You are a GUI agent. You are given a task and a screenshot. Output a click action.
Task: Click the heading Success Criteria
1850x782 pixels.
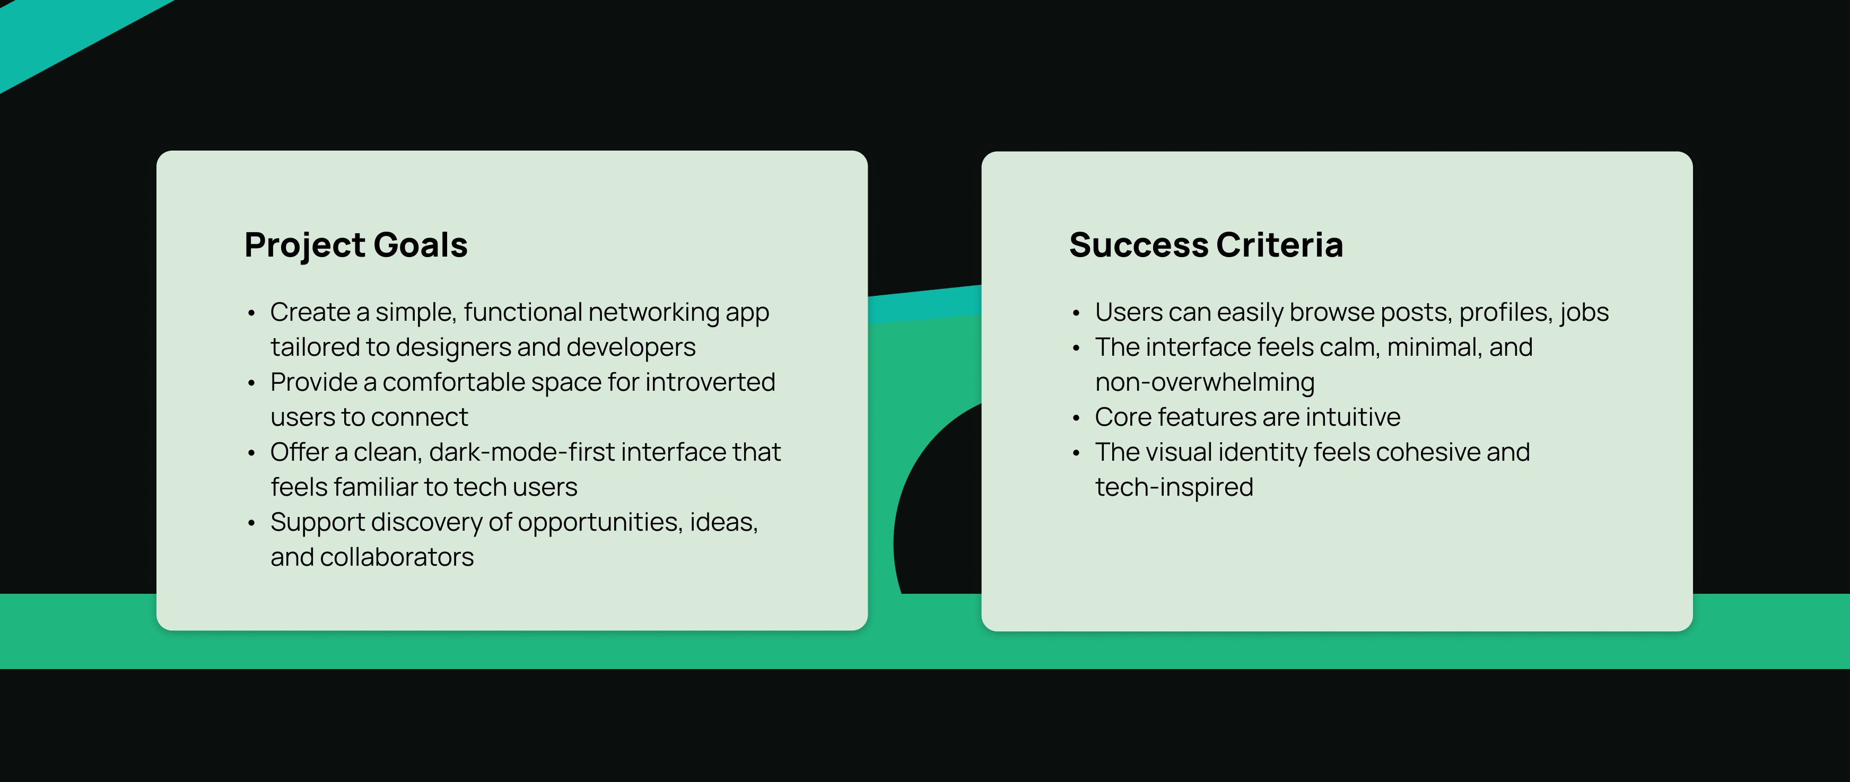pos(1206,245)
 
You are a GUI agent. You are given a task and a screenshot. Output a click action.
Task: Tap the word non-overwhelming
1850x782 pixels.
pos(1205,383)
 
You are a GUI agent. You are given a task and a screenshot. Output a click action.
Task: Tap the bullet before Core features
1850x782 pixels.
pos(1076,418)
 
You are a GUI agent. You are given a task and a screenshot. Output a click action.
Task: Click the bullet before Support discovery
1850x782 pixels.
pos(251,523)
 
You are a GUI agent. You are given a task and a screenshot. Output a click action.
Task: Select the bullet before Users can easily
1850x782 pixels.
pos(1076,313)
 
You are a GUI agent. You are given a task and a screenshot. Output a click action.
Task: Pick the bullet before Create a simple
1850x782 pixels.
pos(251,313)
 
